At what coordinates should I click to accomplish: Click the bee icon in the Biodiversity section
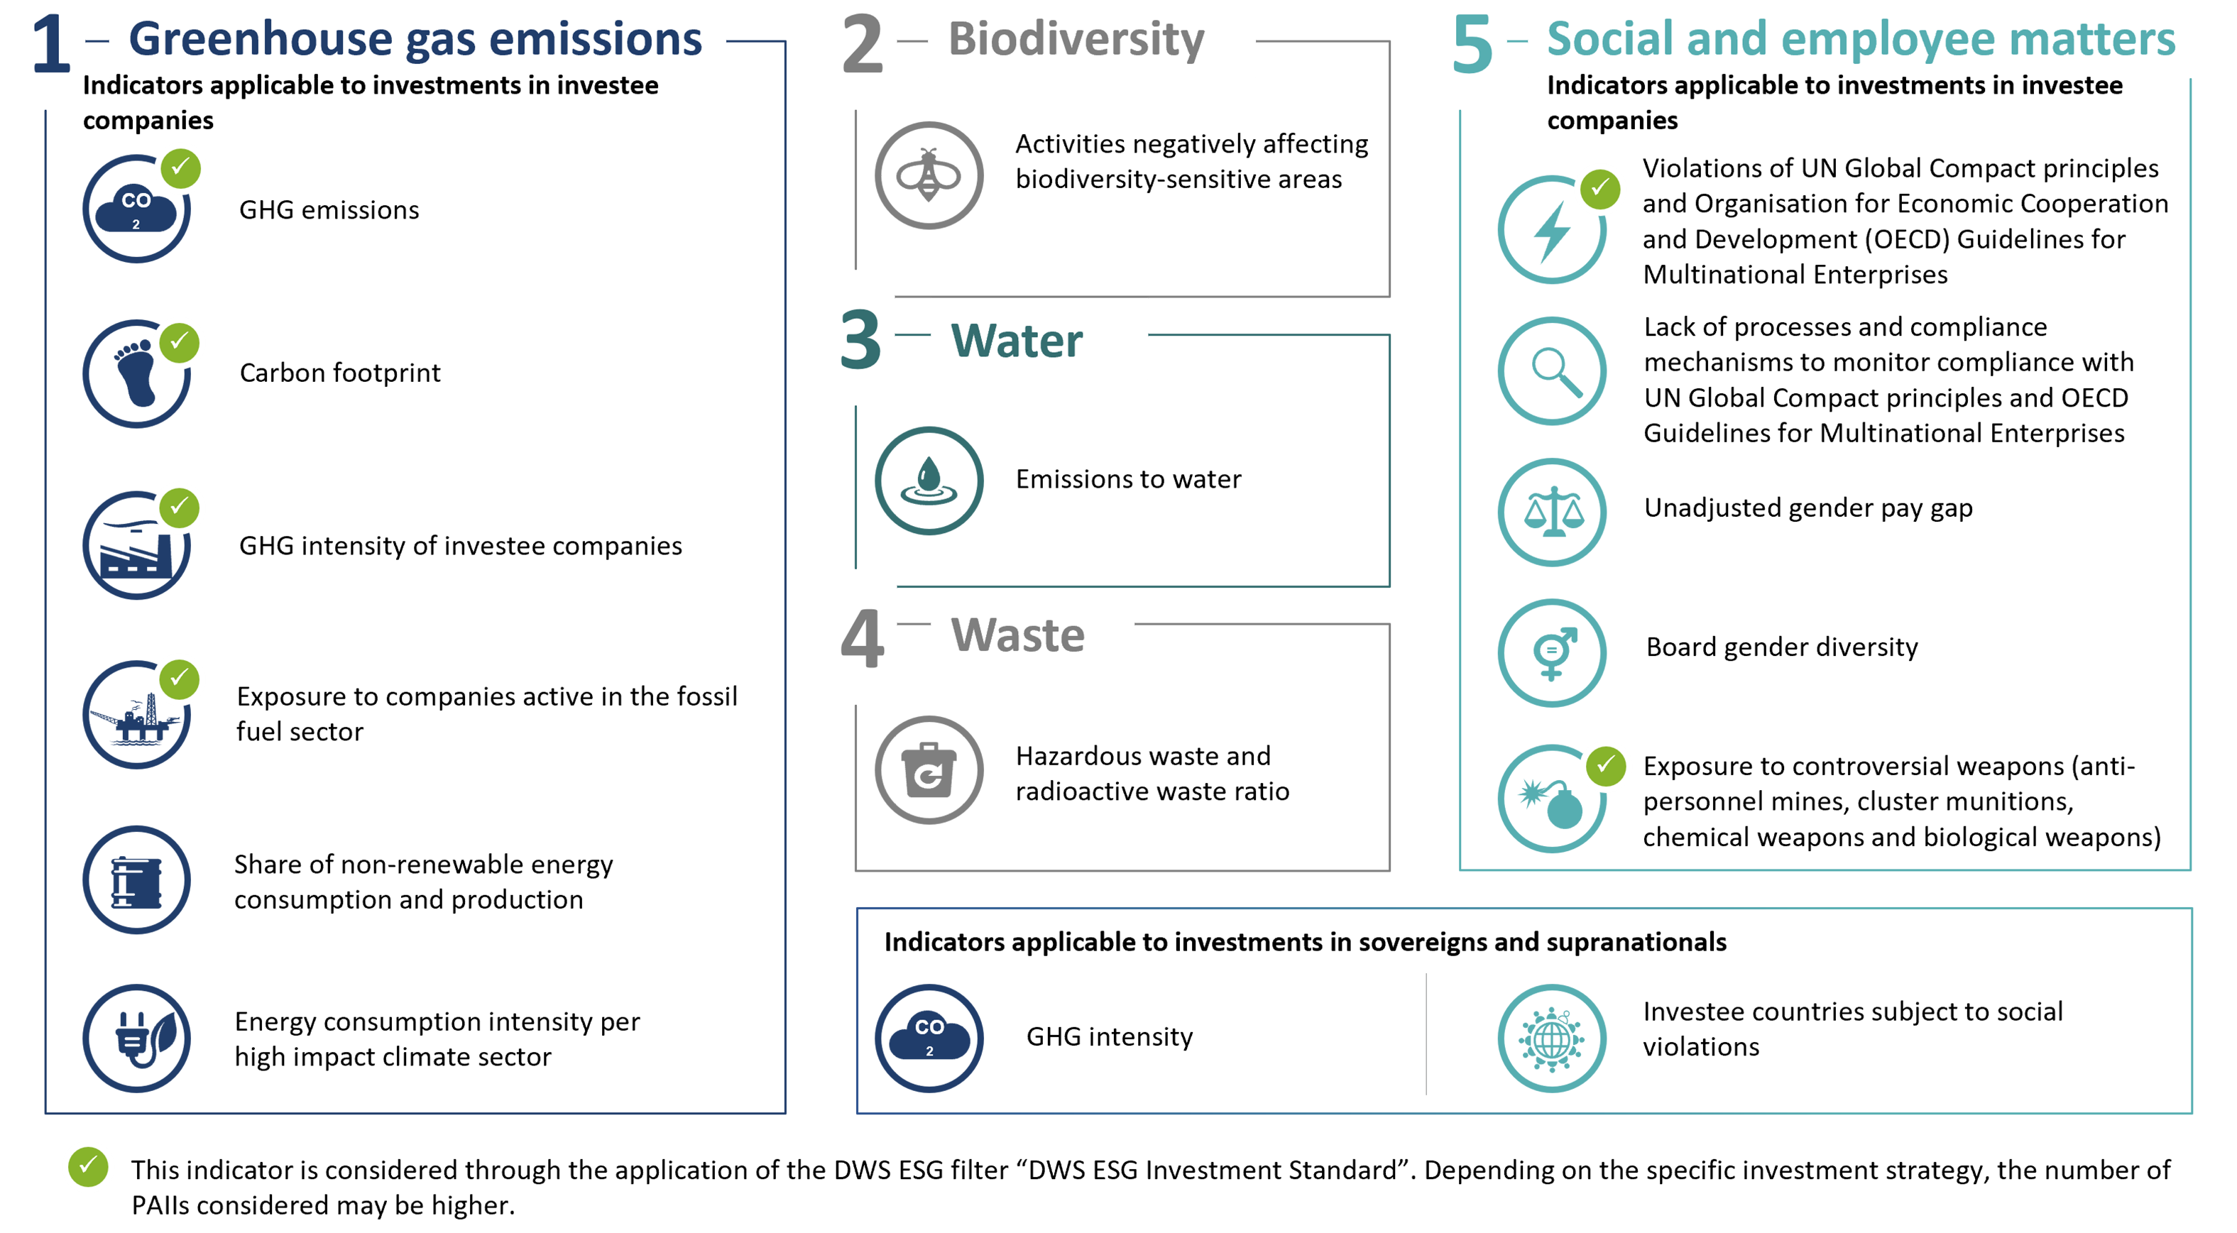[929, 175]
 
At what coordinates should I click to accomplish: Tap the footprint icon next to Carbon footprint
[136, 373]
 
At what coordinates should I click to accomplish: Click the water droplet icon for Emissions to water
[929, 480]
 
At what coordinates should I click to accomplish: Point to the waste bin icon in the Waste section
[929, 770]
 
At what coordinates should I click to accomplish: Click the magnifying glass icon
[1552, 371]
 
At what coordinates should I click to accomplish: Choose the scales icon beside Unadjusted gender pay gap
[1552, 513]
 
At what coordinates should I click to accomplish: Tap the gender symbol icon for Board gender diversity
[1552, 653]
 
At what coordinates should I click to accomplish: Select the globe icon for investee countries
[1552, 1039]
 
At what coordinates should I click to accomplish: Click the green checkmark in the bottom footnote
[89, 1167]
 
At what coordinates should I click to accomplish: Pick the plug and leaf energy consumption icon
[136, 1039]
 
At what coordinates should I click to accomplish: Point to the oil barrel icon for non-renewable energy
[136, 879]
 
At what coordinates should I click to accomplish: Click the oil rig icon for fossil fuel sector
[136, 716]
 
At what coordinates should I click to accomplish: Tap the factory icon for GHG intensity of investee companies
[136, 546]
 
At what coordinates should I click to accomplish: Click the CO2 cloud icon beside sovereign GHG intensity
[929, 1039]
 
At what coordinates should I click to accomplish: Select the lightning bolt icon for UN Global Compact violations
[1552, 230]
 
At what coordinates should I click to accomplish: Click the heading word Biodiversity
[1076, 39]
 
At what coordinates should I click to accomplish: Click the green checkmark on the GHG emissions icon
[180, 168]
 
